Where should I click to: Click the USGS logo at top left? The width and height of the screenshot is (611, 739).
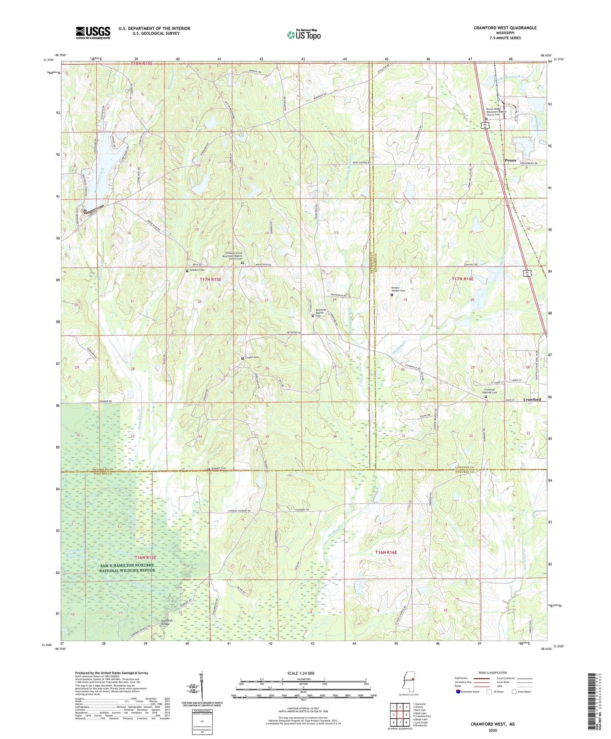[x=93, y=33]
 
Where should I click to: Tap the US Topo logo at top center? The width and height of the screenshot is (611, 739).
[x=303, y=35]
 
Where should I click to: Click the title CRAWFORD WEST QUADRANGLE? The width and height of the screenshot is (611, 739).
[x=505, y=28]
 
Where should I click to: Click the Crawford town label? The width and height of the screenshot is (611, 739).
[x=532, y=400]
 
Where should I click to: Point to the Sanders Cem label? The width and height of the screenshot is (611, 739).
[x=197, y=270]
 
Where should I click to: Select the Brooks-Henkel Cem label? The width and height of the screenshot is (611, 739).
[x=397, y=290]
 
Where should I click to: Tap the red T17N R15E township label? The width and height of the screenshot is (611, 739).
[x=210, y=279]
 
